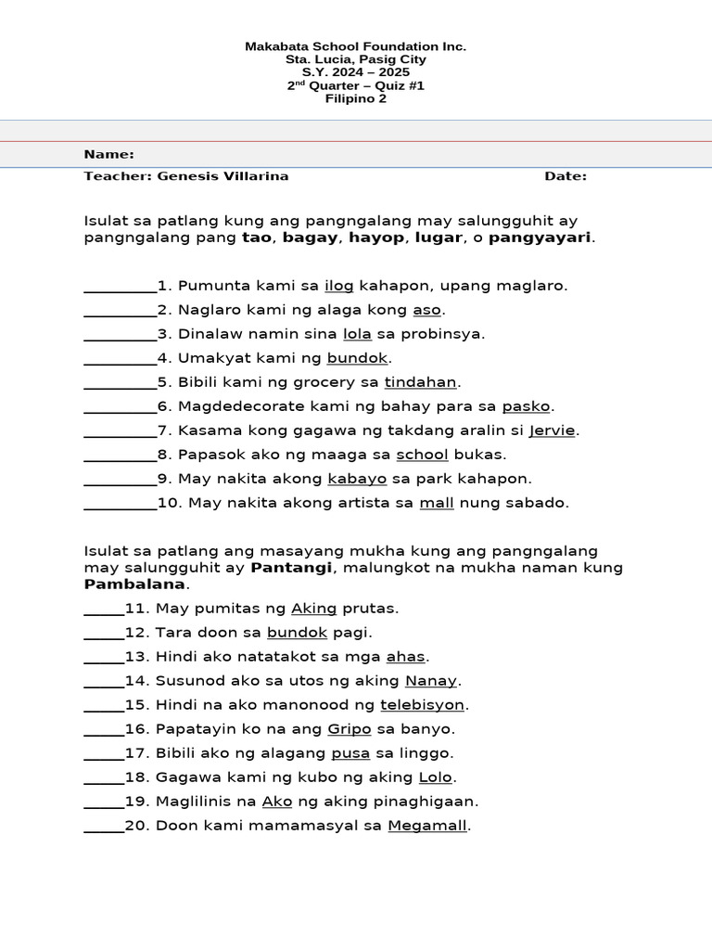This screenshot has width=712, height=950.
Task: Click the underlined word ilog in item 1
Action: pos(338,286)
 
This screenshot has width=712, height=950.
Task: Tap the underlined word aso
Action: pos(427,310)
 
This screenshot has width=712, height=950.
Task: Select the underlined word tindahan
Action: pos(421,382)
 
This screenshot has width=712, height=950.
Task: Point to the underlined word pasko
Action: pos(526,406)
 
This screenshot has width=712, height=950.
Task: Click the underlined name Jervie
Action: pos(552,430)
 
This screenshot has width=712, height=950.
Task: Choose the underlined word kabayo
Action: pos(357,479)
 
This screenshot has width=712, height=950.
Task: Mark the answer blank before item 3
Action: pos(120,335)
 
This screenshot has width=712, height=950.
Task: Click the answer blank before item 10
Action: pos(120,504)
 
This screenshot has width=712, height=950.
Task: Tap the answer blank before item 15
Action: pos(104,706)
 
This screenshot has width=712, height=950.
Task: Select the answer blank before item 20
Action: pos(104,827)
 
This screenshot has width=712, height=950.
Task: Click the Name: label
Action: pos(108,154)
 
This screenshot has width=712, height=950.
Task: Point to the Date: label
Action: pos(565,176)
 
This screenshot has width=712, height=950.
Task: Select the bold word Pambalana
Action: pos(134,584)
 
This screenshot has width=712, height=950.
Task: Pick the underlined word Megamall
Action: pos(427,826)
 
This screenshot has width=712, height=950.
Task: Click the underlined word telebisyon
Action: pos(422,705)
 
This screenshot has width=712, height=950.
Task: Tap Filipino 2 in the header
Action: pos(355,98)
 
